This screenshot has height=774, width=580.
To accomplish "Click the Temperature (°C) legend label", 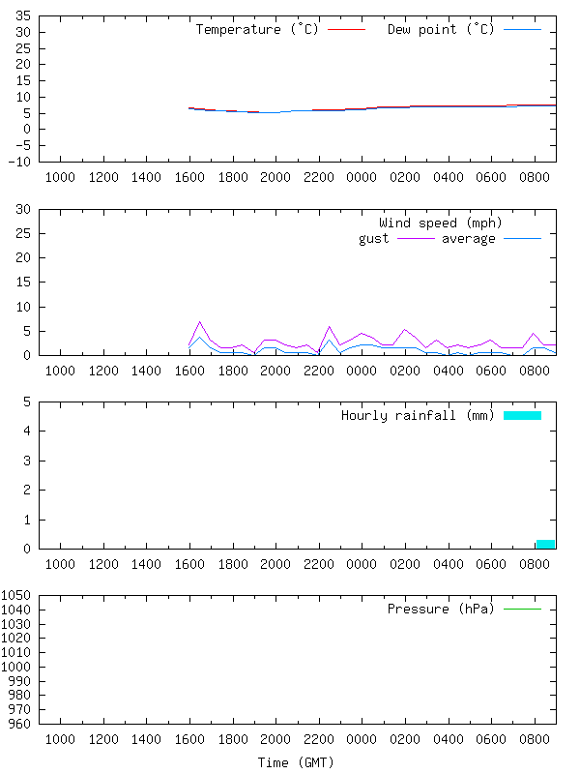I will pyautogui.click(x=257, y=29).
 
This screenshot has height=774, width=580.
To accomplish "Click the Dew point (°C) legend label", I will pyautogui.click(x=441, y=29).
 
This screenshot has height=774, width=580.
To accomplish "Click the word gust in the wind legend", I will pyautogui.click(x=374, y=238).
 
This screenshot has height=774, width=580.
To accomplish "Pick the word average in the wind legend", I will pyautogui.click(x=469, y=238).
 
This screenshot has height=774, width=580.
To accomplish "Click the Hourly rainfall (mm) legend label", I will pyautogui.click(x=418, y=415).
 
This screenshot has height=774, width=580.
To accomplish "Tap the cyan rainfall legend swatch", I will pyautogui.click(x=522, y=415).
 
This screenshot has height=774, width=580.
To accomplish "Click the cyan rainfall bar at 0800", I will pyautogui.click(x=545, y=544).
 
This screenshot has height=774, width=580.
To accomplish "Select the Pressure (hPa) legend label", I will pyautogui.click(x=441, y=609).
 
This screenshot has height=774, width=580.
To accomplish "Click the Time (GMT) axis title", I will pyautogui.click(x=296, y=762).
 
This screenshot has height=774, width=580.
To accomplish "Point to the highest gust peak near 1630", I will pyautogui.click(x=200, y=322).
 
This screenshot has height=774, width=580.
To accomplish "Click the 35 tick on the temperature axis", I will pyautogui.click(x=22, y=17).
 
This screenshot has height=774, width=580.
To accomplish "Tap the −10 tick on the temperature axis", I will pyautogui.click(x=18, y=162).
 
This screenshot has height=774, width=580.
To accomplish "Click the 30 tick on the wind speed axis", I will pyautogui.click(x=22, y=210).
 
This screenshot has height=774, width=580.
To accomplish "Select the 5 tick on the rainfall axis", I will pyautogui.click(x=26, y=402).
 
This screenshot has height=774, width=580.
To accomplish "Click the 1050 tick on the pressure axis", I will pyautogui.click(x=17, y=595).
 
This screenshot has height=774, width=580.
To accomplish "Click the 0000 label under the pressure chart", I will pyautogui.click(x=362, y=739).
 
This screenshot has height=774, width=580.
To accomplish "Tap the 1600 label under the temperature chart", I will pyautogui.click(x=189, y=177).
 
